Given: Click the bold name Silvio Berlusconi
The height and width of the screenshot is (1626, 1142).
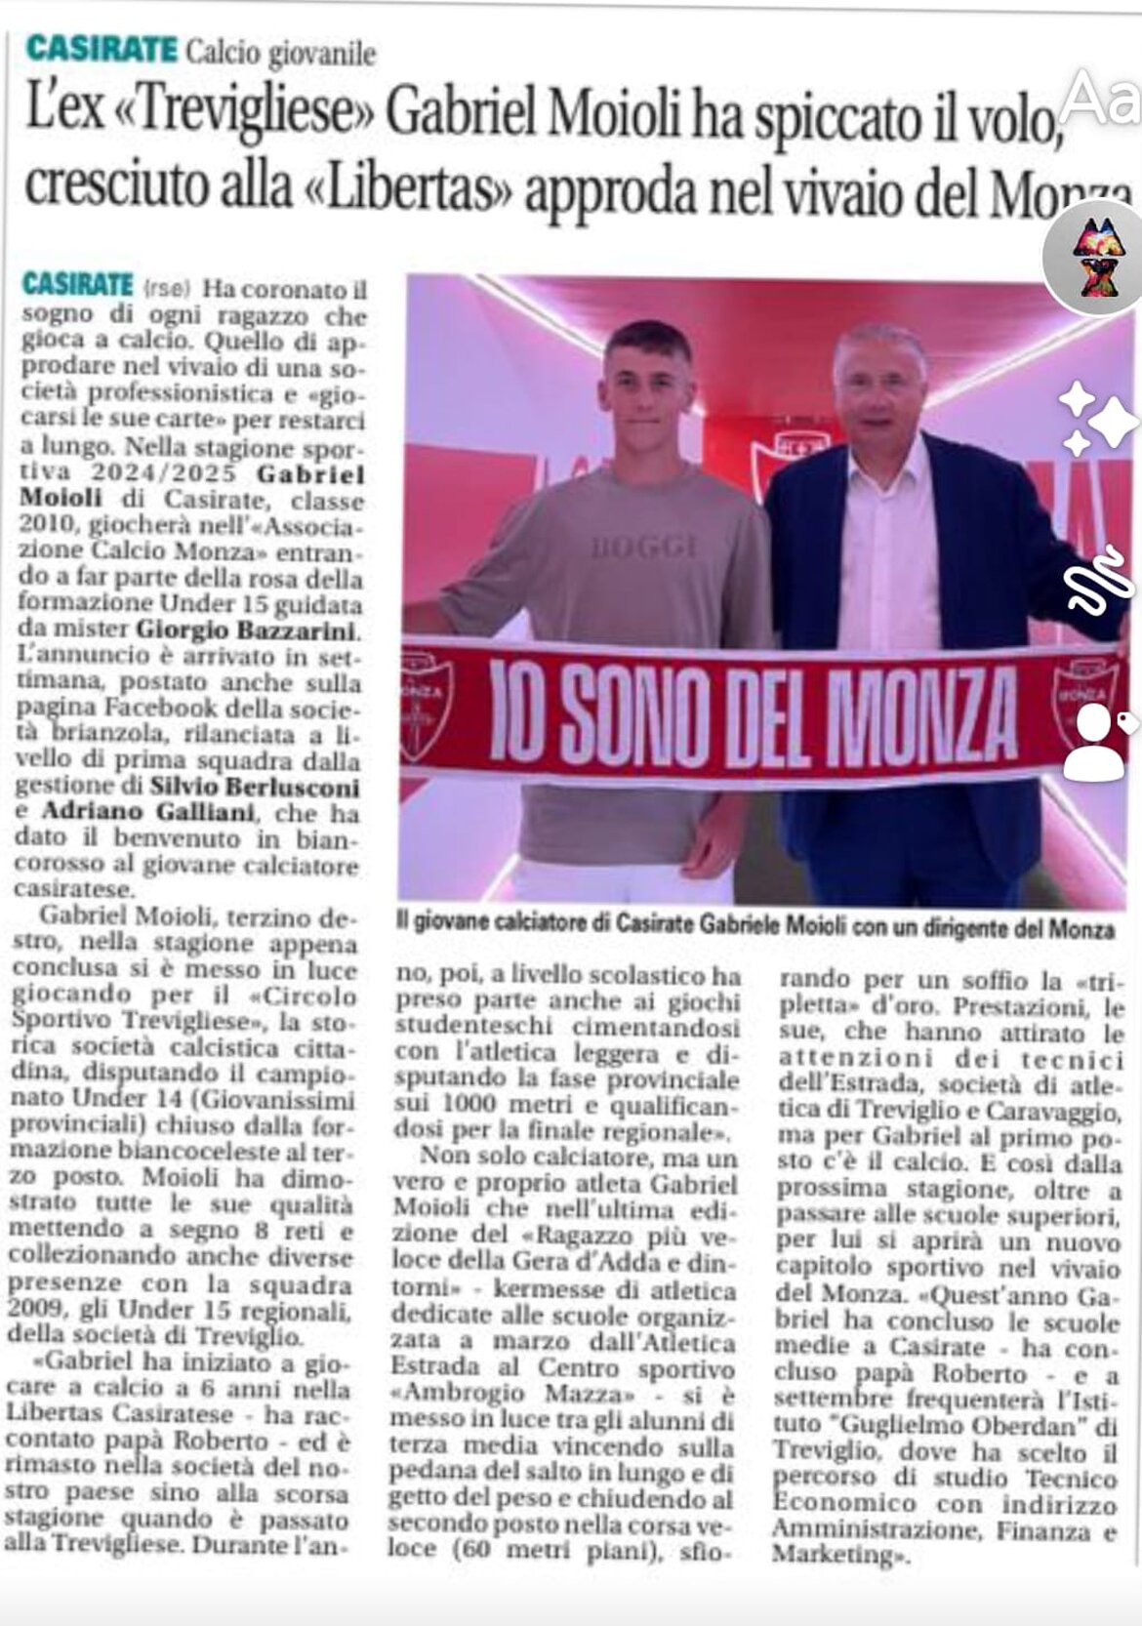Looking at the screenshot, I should pos(255,787).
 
